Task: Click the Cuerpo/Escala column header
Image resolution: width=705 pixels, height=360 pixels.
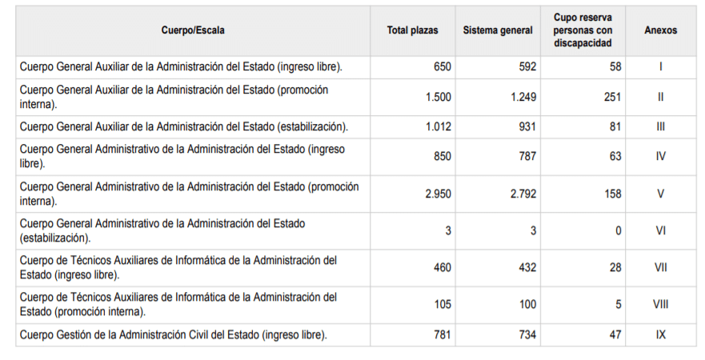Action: click(x=192, y=30)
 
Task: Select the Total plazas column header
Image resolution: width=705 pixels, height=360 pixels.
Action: click(x=412, y=30)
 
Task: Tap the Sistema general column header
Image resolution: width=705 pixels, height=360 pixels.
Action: click(x=497, y=30)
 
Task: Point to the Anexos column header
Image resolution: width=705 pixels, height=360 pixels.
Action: click(x=660, y=30)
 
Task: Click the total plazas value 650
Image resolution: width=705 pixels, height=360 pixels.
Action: click(x=442, y=66)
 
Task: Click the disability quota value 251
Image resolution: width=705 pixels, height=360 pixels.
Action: click(x=612, y=98)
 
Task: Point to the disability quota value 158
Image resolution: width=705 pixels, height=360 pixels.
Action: click(x=612, y=194)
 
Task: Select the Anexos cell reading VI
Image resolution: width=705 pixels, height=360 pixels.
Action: click(x=661, y=230)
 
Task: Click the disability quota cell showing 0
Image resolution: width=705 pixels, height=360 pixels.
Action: click(x=618, y=230)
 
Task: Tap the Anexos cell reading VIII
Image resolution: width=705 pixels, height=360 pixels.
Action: click(x=661, y=304)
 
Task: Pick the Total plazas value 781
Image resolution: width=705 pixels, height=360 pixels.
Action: click(x=442, y=335)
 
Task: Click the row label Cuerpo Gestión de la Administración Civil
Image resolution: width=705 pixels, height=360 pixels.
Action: click(x=174, y=335)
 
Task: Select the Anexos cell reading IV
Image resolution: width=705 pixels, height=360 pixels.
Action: click(x=661, y=156)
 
